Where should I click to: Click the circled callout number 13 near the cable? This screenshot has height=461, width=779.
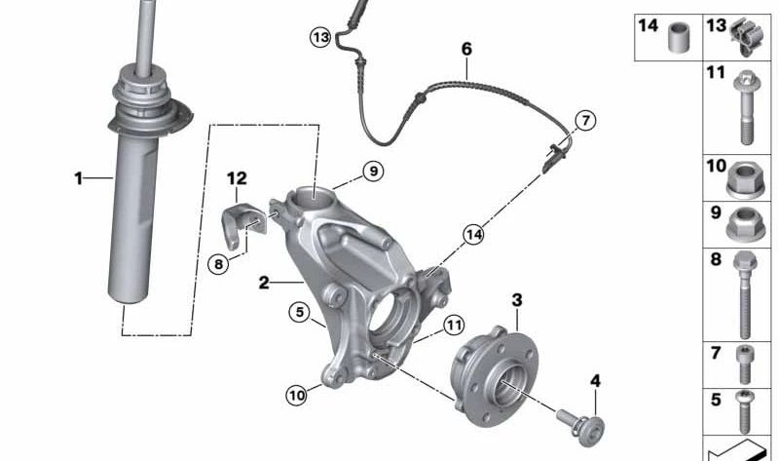[x=321, y=37]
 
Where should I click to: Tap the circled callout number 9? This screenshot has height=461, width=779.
[x=371, y=172]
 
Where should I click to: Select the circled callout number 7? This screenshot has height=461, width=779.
[x=584, y=121]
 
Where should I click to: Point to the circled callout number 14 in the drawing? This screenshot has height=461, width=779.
[x=473, y=234]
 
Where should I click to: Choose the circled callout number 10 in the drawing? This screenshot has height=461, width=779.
[x=296, y=395]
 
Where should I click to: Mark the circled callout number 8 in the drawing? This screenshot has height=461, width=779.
[x=219, y=261]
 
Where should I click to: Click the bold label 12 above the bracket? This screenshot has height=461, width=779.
[x=238, y=178]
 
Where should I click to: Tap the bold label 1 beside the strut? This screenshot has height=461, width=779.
[x=79, y=178]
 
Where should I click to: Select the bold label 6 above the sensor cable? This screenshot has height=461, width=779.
[x=466, y=48]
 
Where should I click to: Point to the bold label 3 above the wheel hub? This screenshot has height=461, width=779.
[x=517, y=300]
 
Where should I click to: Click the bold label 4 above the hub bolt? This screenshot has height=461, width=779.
[x=595, y=381]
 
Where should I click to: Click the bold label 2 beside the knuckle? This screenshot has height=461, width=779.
[x=264, y=284]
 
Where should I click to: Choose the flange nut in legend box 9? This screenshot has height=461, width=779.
[x=743, y=226]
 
